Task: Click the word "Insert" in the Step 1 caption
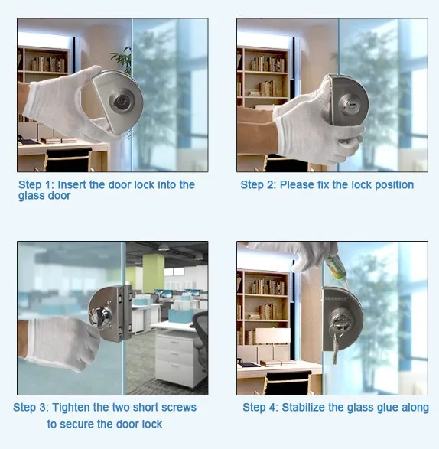[72, 184]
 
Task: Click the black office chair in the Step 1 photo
[68, 160]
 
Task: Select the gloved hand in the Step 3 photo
[60, 342]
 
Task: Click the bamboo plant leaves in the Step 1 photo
[122, 60]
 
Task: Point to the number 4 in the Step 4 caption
[272, 408]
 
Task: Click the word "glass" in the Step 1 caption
[31, 196]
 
